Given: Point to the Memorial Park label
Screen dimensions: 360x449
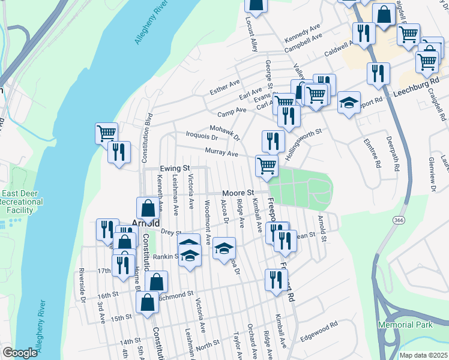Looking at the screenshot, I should coord(405,325).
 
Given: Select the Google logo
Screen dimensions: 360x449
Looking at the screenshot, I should coord(20,353).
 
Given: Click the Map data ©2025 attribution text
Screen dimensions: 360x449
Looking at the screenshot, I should coord(424,355).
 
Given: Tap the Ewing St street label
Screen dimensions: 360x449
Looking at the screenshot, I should coord(175,169).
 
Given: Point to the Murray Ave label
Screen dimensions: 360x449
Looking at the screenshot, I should coord(221,152).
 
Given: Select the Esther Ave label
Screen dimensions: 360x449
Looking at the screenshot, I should coord(224,86).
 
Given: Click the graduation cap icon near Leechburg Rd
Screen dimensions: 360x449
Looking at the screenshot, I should coord(348,103).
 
